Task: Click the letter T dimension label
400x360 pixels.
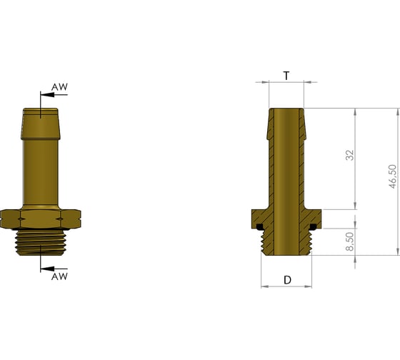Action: point(286,76)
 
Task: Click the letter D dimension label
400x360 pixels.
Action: point(287,280)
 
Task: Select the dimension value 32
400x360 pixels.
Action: point(350,155)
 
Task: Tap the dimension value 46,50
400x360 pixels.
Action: point(393,176)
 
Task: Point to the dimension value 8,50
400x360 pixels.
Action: point(350,241)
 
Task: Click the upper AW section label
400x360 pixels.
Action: point(59,87)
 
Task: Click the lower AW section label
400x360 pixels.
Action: point(59,276)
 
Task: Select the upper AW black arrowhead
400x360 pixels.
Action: point(47,95)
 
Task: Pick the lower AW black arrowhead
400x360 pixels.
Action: point(47,269)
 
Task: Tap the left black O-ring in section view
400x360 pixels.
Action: point(260,227)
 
